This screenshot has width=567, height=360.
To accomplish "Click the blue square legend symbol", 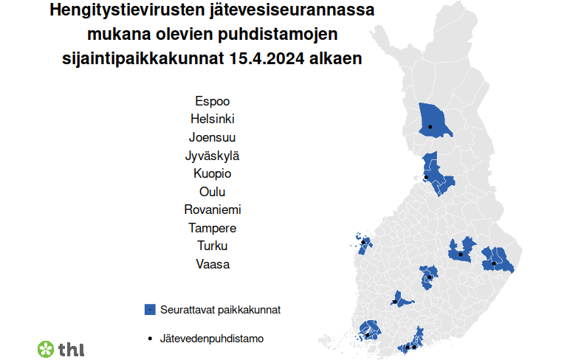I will pyautogui.click(x=150, y=310).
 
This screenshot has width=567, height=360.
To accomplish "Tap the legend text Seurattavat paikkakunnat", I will pyautogui.click(x=220, y=310).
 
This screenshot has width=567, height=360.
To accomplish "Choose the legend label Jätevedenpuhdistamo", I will pyautogui.click(x=212, y=339).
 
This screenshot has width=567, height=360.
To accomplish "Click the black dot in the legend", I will pyautogui.click(x=150, y=339).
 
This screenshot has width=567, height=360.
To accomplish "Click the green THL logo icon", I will pyautogui.click(x=46, y=348).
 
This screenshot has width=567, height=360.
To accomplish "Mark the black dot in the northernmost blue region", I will pyautogui.click(x=430, y=127).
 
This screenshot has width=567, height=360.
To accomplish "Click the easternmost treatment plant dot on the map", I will pyautogui.click(x=493, y=263).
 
